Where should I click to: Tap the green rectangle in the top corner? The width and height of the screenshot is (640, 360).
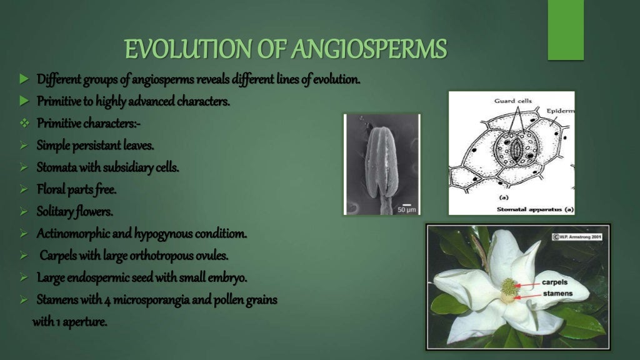[x=565, y=30]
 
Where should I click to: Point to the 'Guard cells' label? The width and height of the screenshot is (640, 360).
[x=512, y=101]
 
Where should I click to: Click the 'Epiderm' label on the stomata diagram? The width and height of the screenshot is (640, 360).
[x=560, y=111]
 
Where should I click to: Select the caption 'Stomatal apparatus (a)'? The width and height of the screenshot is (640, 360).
[x=534, y=210]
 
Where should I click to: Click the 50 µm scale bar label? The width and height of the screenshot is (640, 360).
[x=406, y=209]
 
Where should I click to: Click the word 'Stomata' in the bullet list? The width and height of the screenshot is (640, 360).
[x=56, y=167]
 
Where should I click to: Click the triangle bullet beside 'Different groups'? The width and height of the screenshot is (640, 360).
[x=24, y=80]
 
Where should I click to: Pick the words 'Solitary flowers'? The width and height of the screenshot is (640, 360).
[x=74, y=212]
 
